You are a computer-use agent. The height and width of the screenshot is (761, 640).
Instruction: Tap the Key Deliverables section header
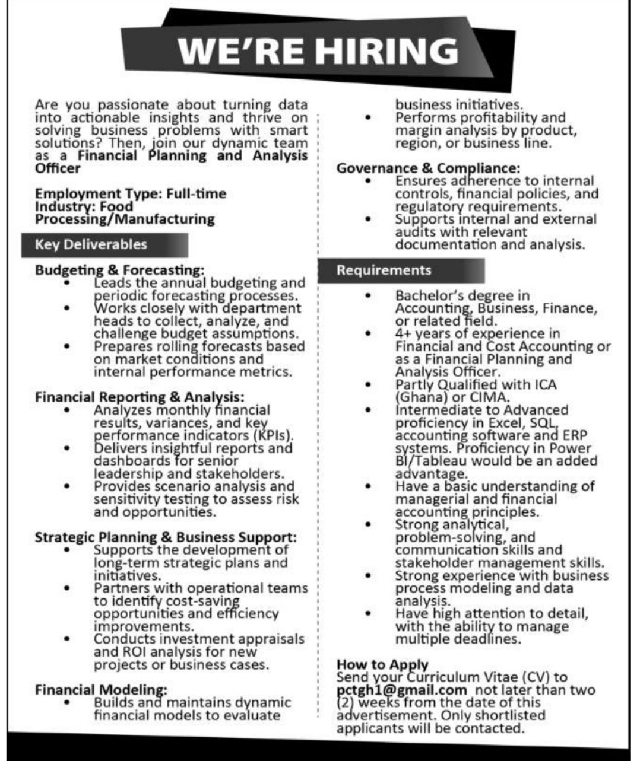coord(91,244)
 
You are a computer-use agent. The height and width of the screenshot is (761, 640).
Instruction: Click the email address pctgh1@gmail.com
coord(401,690)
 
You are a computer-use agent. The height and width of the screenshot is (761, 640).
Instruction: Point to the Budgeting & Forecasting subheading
coord(119,270)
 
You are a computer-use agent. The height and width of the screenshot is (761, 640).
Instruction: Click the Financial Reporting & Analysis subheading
coord(140,397)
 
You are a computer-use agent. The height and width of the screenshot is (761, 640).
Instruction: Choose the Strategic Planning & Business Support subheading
coord(166,537)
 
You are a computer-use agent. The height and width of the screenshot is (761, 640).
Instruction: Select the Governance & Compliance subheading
coord(428,168)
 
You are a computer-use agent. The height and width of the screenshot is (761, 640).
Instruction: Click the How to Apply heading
coord(382,664)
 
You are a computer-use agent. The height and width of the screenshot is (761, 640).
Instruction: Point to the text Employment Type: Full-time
coord(131,194)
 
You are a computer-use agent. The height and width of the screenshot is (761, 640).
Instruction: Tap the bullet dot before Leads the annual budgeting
coord(68,283)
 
